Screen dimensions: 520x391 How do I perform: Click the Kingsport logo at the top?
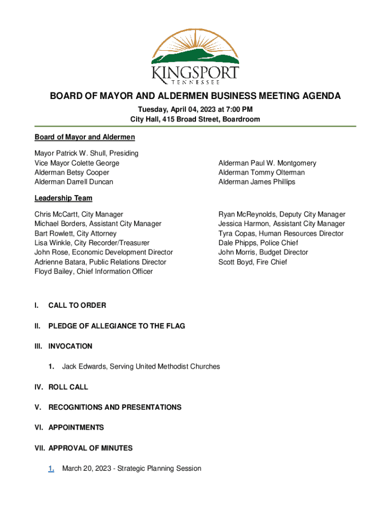[195, 56]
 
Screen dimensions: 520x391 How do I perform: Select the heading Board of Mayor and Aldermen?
[84, 137]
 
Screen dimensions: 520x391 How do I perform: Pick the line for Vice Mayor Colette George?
[77, 163]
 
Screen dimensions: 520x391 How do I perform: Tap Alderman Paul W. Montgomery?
[267, 163]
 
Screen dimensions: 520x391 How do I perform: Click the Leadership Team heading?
[63, 198]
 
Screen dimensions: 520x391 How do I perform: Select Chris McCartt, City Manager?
[79, 214]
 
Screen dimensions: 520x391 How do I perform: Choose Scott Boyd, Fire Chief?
[252, 262]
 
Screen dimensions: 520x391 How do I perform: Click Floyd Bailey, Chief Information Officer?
[93, 272]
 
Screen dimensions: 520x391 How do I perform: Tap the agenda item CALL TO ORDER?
[77, 305]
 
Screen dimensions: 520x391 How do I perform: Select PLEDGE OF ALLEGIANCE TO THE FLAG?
[116, 326]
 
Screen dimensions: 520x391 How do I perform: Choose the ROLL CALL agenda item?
[68, 386]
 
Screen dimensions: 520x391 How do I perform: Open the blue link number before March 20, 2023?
[51, 468]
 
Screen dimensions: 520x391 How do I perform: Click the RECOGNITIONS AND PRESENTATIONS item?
[115, 407]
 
